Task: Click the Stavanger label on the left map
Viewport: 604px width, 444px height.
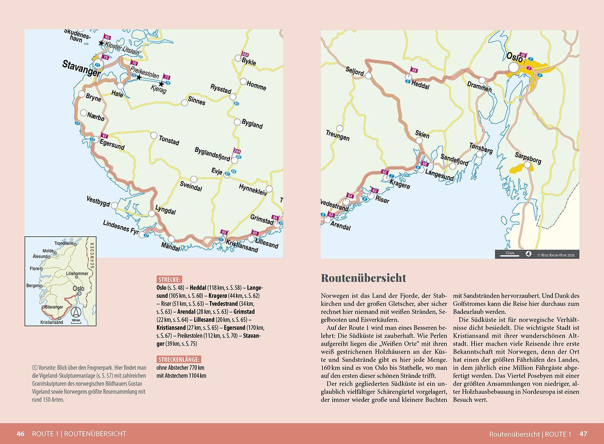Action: coord(81,69)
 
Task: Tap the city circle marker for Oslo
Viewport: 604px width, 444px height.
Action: coord(514,67)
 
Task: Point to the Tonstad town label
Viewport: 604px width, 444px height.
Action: coord(169,140)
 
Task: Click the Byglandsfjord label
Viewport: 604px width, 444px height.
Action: coord(212,154)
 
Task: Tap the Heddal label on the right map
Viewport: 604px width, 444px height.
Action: coord(420,85)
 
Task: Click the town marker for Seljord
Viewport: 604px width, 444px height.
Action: coord(368,76)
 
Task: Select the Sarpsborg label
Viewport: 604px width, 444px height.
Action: coord(528,158)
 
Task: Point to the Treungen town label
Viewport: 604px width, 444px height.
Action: coord(337,135)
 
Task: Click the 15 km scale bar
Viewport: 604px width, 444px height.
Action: coord(510,254)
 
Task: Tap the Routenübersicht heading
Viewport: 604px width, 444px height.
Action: coord(363,278)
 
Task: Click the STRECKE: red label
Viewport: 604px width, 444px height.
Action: coord(169,279)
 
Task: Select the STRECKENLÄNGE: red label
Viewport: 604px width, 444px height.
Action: coord(179,359)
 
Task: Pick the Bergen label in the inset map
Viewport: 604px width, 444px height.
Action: coord(32,285)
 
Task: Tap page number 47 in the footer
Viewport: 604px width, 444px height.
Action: coord(583,434)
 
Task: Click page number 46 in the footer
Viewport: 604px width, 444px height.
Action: coord(20,434)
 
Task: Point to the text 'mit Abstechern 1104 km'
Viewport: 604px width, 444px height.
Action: coord(181,376)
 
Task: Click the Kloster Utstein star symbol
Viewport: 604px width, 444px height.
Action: coord(102,44)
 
